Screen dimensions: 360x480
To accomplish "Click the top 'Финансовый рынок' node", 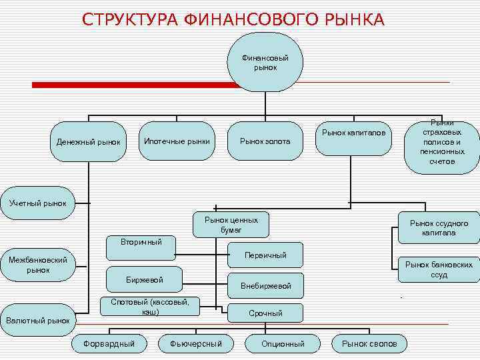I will pyautogui.click(x=265, y=62).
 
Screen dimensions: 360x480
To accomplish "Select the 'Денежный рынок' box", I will pyautogui.click(x=89, y=142).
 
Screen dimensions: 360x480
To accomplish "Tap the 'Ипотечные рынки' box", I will pyautogui.click(x=177, y=141).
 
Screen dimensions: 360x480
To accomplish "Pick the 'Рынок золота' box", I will pyautogui.click(x=265, y=141).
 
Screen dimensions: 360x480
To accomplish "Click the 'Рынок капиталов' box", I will pyautogui.click(x=353, y=133).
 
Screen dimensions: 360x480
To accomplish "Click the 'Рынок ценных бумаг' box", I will pyautogui.click(x=231, y=225).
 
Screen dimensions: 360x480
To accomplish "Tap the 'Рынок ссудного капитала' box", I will pyautogui.click(x=439, y=228).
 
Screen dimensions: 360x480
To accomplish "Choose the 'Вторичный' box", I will pyautogui.click(x=141, y=242).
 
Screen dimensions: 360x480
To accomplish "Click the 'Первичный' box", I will pyautogui.click(x=265, y=255).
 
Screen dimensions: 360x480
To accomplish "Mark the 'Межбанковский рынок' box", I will pyautogui.click(x=38, y=265).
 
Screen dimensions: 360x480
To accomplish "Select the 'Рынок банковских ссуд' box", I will pyautogui.click(x=439, y=269).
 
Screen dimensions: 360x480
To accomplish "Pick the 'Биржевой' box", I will pyautogui.click(x=145, y=279).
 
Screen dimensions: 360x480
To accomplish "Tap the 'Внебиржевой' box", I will pyautogui.click(x=265, y=285).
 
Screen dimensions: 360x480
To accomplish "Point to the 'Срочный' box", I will pyautogui.click(x=265, y=313).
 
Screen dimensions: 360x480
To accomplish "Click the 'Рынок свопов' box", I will pyautogui.click(x=369, y=343).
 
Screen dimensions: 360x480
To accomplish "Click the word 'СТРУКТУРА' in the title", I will pyautogui.click(x=129, y=20).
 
